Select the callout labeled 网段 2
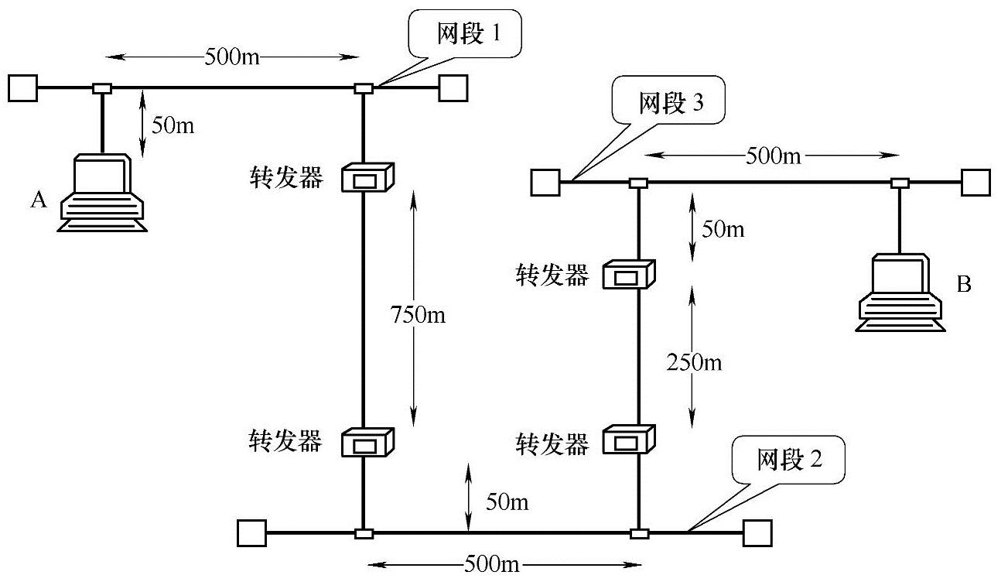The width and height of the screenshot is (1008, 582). (x=789, y=461)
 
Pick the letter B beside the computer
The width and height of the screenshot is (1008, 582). (x=963, y=285)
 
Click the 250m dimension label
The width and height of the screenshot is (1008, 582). (x=693, y=362)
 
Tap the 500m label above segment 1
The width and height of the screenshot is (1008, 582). (x=232, y=56)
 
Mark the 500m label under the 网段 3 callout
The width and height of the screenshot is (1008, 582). (x=773, y=156)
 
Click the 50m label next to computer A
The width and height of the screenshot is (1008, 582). (x=173, y=125)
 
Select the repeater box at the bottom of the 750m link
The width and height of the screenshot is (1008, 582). (x=370, y=443)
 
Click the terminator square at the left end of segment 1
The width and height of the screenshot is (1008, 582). (x=23, y=87)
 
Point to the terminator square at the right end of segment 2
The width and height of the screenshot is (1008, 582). (x=757, y=532)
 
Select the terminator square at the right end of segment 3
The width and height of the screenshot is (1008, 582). (x=976, y=183)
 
